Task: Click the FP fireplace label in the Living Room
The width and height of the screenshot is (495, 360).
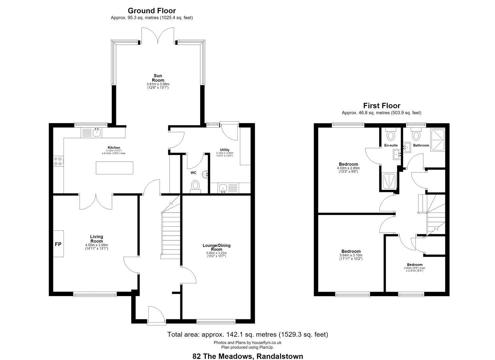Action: click(58, 244)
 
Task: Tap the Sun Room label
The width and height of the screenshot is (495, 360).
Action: click(158, 78)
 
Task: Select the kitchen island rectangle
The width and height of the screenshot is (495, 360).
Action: click(114, 168)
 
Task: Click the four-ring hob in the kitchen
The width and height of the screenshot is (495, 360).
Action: click(58, 161)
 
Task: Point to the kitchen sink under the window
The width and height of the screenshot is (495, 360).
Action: click(97, 133)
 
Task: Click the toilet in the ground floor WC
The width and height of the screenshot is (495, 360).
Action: click(195, 186)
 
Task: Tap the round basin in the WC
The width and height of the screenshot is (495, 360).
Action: click(205, 175)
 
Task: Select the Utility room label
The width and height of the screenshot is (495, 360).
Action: click(225, 150)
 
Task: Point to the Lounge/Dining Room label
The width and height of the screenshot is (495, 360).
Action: click(216, 247)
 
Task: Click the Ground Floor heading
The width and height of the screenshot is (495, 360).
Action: click(152, 11)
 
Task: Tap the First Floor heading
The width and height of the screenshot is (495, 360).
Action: click(382, 106)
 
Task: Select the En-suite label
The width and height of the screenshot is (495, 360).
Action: click(391, 145)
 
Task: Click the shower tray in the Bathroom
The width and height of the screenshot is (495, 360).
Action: click(437, 140)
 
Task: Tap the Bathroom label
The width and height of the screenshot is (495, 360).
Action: click(421, 145)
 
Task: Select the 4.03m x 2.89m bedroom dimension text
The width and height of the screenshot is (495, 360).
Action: click(348, 168)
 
